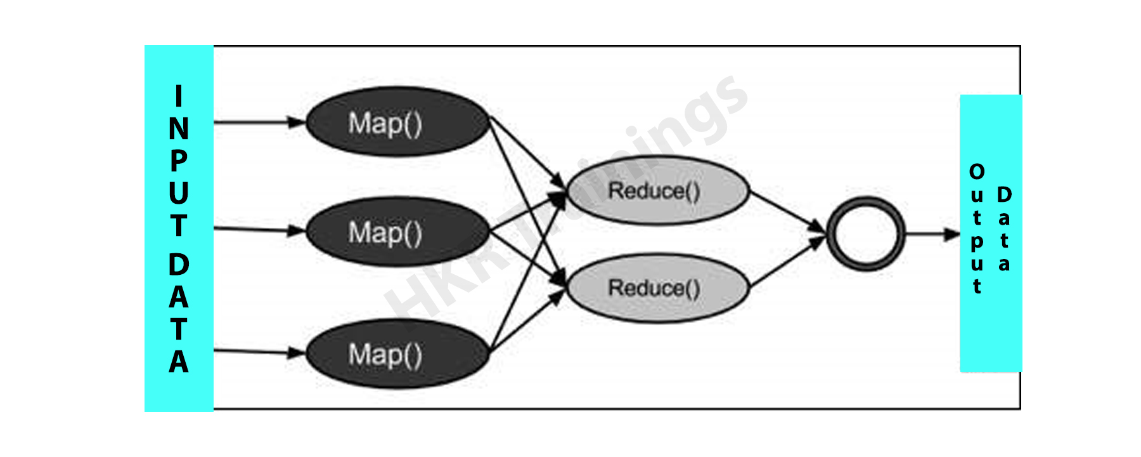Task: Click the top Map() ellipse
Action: tap(397, 121)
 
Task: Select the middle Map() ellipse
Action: tap(397, 232)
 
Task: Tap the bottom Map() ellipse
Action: tap(397, 354)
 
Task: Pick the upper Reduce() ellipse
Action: tap(658, 190)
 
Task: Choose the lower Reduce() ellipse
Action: tap(658, 288)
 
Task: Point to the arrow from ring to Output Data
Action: tap(932, 234)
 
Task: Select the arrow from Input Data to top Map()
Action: tap(260, 122)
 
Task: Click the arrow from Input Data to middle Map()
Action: tap(260, 229)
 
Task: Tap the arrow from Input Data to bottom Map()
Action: tap(260, 351)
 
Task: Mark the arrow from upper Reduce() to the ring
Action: tap(788, 211)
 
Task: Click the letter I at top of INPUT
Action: tap(179, 96)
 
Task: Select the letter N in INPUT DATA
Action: tap(179, 129)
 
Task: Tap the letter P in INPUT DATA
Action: tap(179, 161)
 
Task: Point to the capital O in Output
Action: tap(977, 171)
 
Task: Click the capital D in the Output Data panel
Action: tap(1004, 194)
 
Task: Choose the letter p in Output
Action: tap(977, 242)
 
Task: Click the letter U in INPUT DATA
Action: tap(179, 193)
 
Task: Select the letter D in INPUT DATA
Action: tap(179, 265)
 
